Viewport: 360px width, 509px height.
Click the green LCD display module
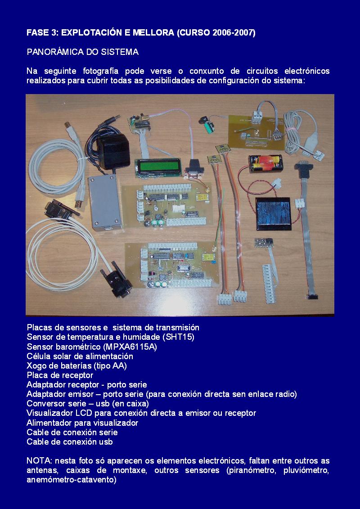click(158, 166)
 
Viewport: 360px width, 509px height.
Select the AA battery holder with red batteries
click(265, 163)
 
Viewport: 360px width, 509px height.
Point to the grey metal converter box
click(105, 202)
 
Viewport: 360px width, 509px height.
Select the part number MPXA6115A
click(130, 347)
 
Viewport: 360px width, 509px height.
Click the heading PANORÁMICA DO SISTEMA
click(83, 52)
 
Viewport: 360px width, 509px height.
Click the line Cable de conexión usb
click(70, 442)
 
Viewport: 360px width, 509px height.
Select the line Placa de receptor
click(60, 375)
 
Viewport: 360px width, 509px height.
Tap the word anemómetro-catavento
click(72, 480)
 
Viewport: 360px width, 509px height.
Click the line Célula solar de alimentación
click(80, 356)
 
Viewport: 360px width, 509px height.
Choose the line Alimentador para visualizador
click(82, 423)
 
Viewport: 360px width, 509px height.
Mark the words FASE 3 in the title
click(41, 33)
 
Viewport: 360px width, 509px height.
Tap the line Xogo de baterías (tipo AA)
click(76, 366)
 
